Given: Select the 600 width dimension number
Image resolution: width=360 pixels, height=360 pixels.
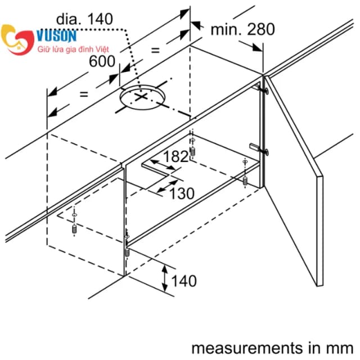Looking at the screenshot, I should click(102, 61).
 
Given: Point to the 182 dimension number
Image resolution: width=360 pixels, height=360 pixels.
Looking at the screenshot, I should click(176, 157).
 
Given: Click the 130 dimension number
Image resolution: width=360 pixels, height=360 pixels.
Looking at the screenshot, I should click(182, 194).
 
